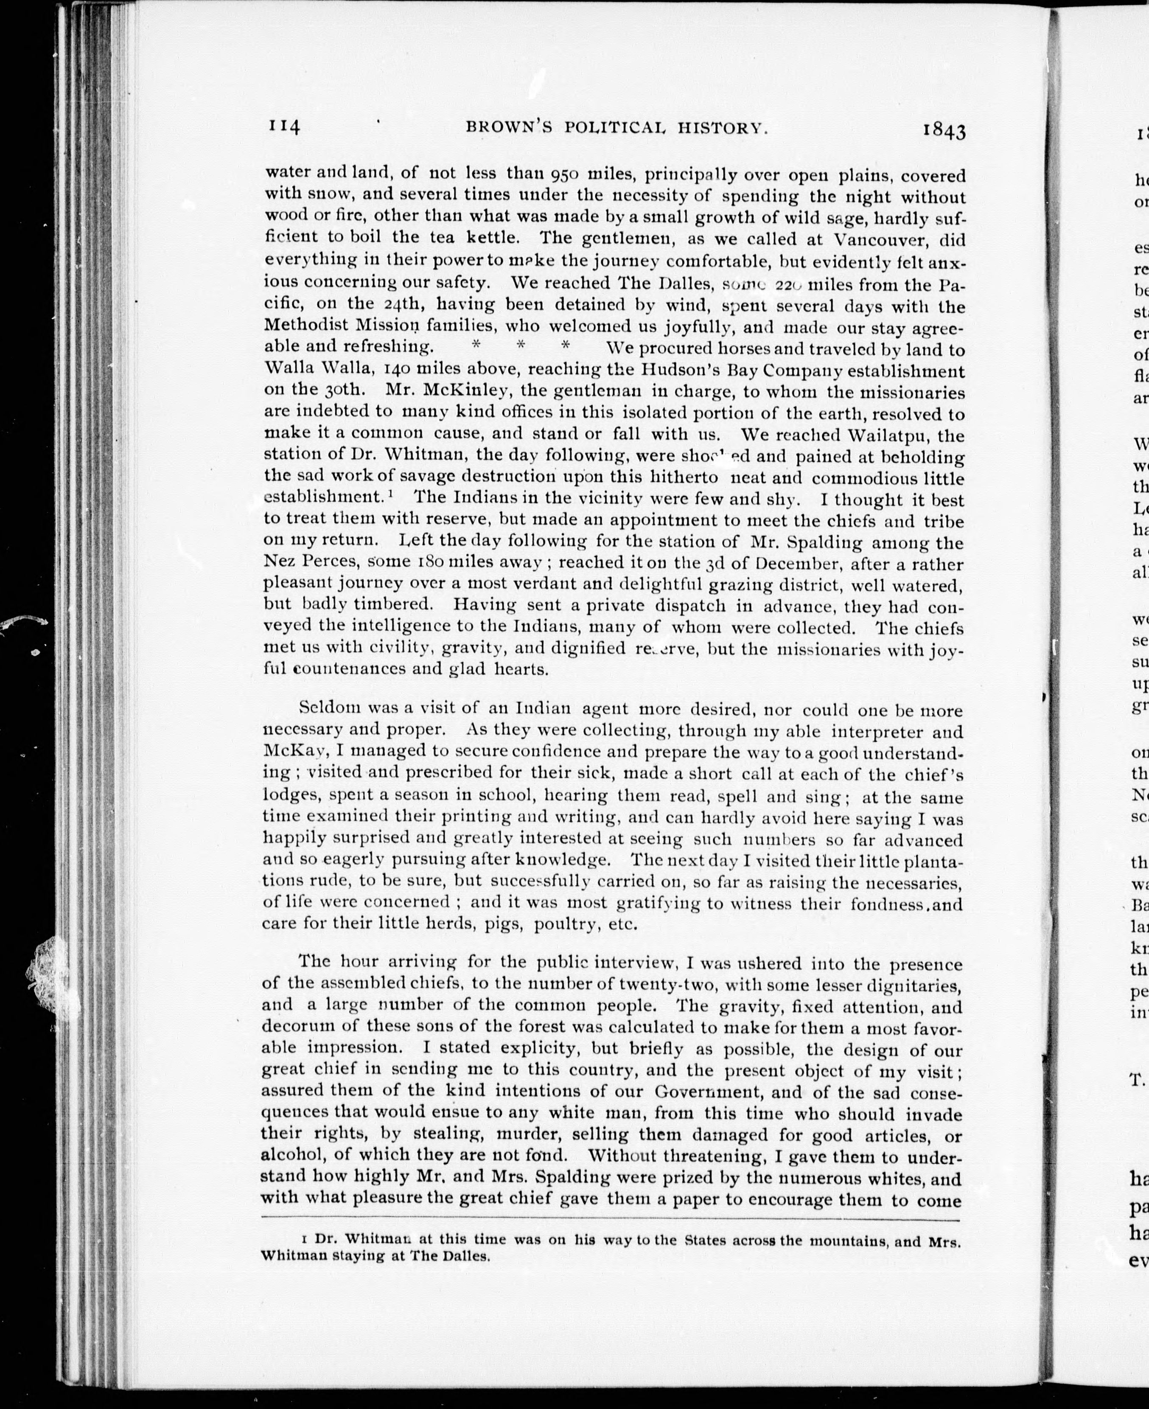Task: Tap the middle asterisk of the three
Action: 521,345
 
